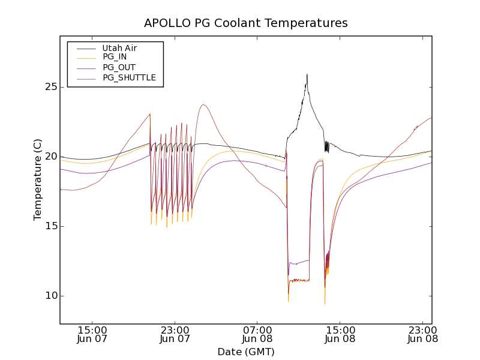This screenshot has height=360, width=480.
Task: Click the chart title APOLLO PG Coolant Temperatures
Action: tap(246, 23)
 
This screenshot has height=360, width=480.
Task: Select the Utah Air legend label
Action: tap(120, 48)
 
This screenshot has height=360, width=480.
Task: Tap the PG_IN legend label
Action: tap(115, 57)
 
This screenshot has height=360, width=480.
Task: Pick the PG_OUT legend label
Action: tap(119, 67)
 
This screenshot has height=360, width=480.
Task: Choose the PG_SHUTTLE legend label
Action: tap(129, 77)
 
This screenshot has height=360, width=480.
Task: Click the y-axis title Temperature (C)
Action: tap(38, 179)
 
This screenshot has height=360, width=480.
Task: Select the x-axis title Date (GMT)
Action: tap(246, 352)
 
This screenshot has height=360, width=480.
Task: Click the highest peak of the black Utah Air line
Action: tap(307, 74)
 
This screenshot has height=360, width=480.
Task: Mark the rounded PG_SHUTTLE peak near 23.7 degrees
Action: tap(203, 105)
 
